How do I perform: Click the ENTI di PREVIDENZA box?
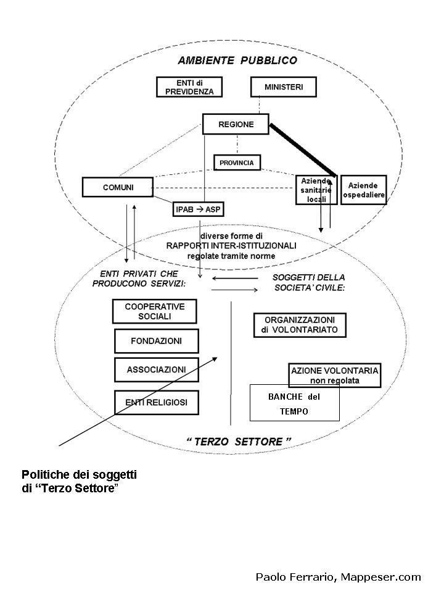pos(189,87)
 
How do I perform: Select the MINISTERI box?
pos(284,87)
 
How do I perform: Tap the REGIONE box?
pos(236,124)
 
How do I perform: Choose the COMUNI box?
pos(118,187)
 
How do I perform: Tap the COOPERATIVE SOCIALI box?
pos(154,311)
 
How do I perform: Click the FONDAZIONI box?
pos(157,340)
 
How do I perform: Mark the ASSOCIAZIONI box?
pos(157,369)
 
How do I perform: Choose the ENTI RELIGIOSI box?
pos(157,403)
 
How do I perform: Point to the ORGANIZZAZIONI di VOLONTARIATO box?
pos(300,326)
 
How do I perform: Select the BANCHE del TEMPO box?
pos(294,403)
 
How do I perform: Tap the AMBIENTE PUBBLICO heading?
pos(237,61)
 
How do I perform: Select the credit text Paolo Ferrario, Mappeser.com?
pos(338,577)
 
